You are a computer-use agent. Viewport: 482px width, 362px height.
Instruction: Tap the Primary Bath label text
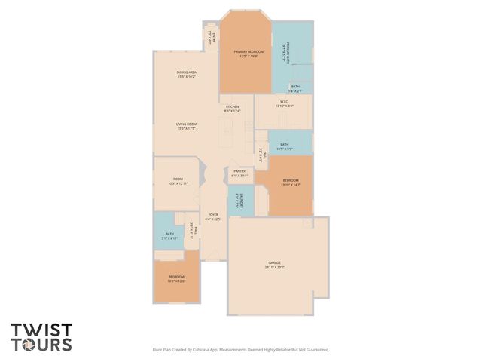tap(288, 55)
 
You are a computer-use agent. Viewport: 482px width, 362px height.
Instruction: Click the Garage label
tap(273, 263)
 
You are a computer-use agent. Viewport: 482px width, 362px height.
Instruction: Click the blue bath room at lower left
tap(169, 235)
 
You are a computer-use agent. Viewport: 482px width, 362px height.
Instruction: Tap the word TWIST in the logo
tap(41, 330)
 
